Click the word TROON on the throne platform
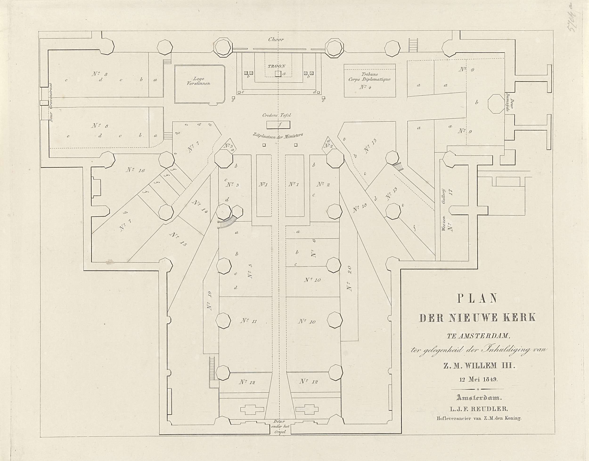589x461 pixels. click(276, 66)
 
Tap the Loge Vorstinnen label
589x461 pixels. click(199, 82)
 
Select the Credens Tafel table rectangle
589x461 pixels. click(278, 125)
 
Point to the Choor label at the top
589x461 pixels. click(276, 40)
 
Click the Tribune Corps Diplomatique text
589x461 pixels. click(369, 77)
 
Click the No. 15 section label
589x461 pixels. click(177, 239)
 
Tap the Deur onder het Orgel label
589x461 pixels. click(278, 426)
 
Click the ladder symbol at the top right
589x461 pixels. click(413, 45)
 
